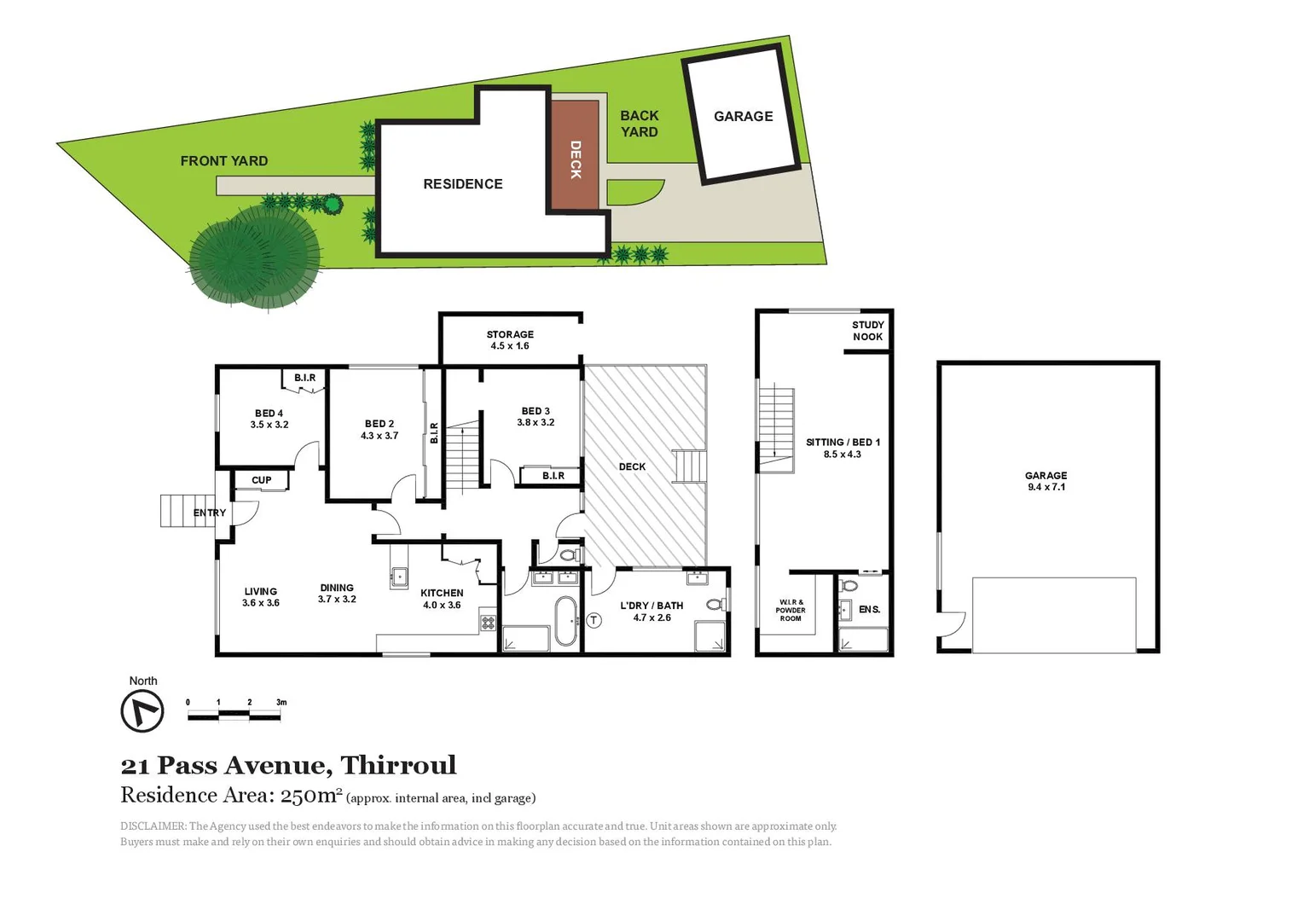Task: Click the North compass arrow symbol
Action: pyautogui.click(x=142, y=710)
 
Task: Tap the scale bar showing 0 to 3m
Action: pyautogui.click(x=235, y=715)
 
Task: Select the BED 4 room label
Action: pyautogui.click(x=269, y=419)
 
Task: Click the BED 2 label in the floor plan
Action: pyautogui.click(x=379, y=429)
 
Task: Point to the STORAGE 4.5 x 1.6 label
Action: pyautogui.click(x=509, y=340)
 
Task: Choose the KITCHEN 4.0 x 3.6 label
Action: pyautogui.click(x=442, y=599)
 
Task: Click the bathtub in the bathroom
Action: pyautogui.click(x=565, y=622)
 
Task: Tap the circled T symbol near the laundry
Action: pyautogui.click(x=594, y=621)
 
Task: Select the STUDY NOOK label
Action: pyautogui.click(x=867, y=331)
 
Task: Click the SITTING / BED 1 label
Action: pyautogui.click(x=843, y=448)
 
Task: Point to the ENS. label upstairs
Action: pyautogui.click(x=869, y=610)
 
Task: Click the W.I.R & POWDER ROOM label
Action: pyautogui.click(x=790, y=610)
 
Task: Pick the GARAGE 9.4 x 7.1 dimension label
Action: pyautogui.click(x=1045, y=481)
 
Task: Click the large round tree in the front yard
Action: pyautogui.click(x=254, y=254)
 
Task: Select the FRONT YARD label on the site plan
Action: pyautogui.click(x=223, y=161)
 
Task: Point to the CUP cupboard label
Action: pyautogui.click(x=261, y=480)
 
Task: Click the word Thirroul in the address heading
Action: pyautogui.click(x=398, y=765)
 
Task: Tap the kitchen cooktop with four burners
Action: pyautogui.click(x=488, y=623)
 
